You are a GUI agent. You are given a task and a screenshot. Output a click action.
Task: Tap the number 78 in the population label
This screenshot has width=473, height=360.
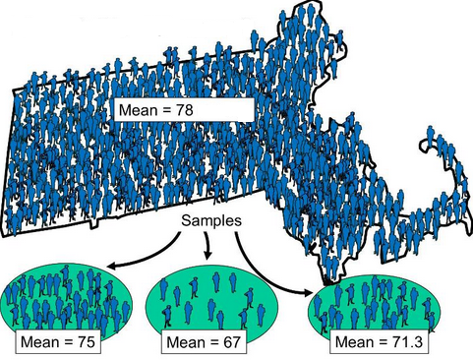coord(185,110)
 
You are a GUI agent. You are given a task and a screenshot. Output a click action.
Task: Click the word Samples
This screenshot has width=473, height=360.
coord(211,220)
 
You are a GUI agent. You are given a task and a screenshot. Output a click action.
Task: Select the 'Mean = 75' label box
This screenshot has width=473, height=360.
coord(58,342)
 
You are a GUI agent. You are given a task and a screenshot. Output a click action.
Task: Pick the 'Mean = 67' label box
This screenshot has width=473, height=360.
coord(204,342)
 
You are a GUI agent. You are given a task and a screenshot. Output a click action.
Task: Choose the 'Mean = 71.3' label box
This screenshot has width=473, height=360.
coord(379,342)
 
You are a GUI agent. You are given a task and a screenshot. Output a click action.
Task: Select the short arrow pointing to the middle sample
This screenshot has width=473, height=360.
coord(207,245)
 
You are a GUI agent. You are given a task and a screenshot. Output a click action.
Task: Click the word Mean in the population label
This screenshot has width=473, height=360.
coord(138,110)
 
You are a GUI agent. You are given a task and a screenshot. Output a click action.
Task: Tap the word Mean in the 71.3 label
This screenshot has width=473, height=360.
coord(354,342)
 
